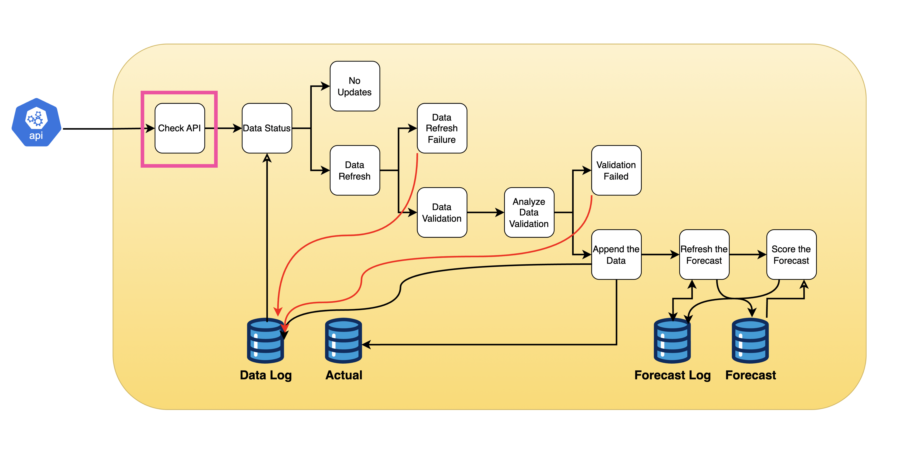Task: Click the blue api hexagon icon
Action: pos(36,123)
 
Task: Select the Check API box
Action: pos(179,128)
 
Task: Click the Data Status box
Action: pos(267,128)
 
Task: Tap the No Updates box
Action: pos(355,86)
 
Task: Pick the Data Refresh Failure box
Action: pos(442,128)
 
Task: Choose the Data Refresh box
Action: pos(355,170)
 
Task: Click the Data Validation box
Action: pos(442,212)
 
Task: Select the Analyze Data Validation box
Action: pos(529,212)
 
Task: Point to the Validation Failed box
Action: pos(616,170)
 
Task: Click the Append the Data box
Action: pos(616,255)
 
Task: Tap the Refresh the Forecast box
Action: pos(704,255)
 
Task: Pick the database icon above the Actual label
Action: pos(343,341)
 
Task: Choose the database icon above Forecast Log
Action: pos(672,341)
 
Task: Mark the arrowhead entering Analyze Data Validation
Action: pos(499,212)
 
